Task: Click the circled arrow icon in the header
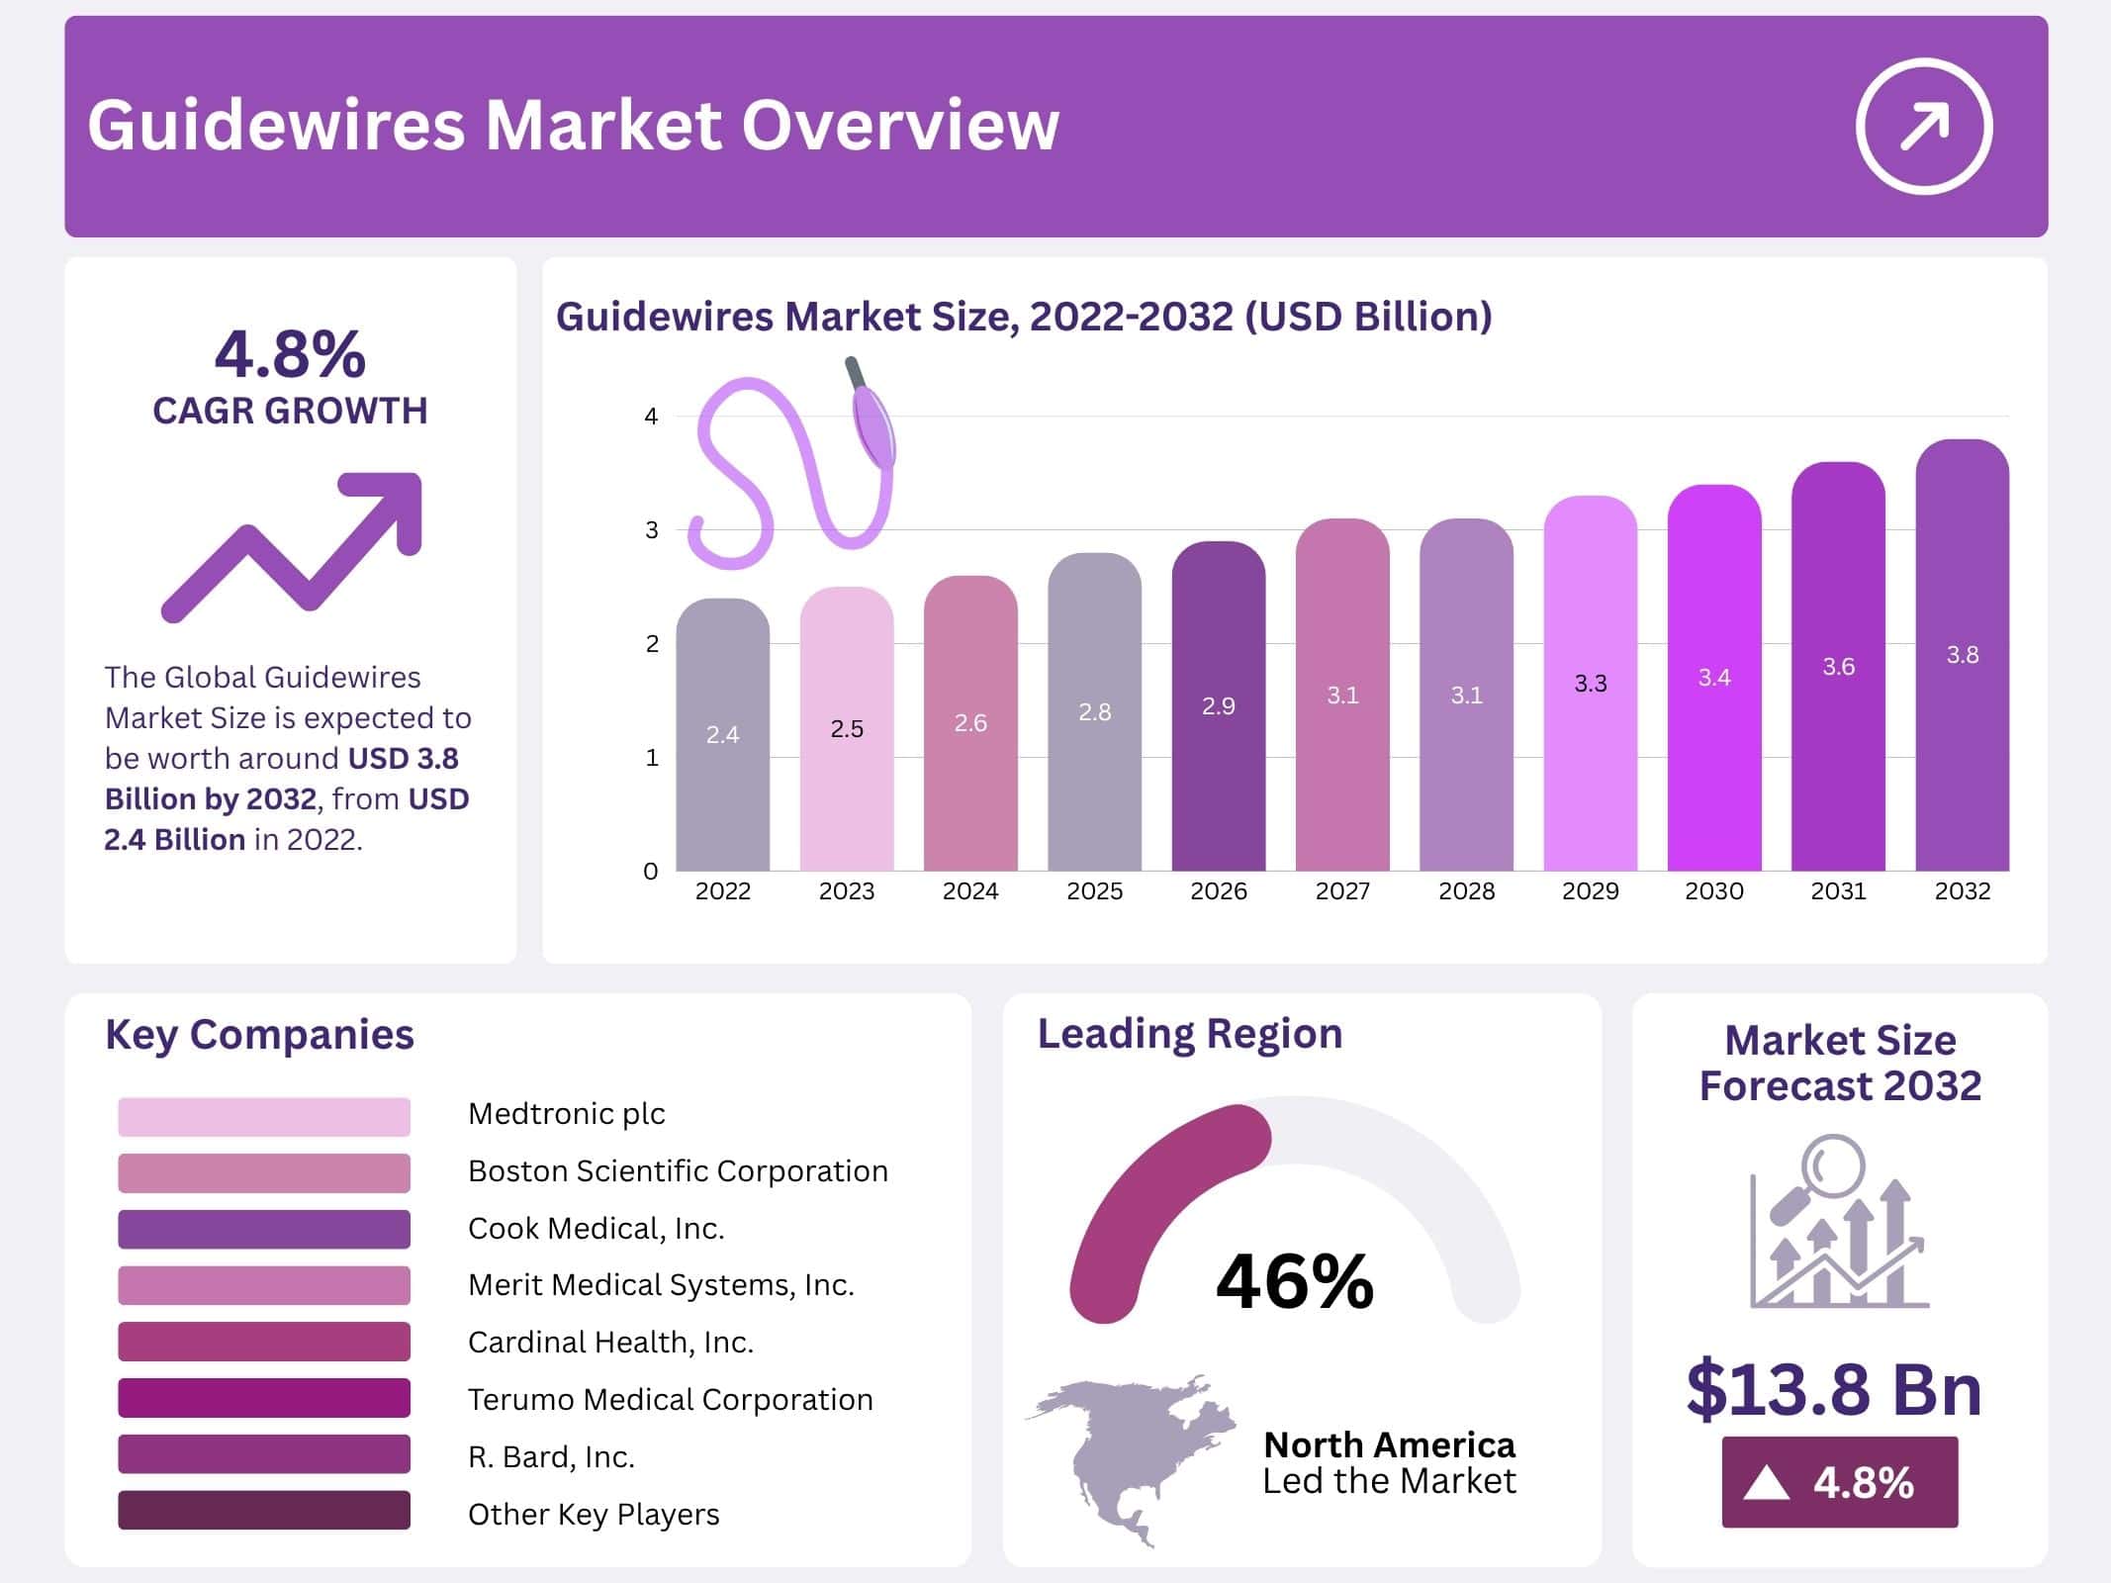point(1923,127)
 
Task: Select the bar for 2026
point(1218,707)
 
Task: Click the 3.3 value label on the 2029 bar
point(1590,684)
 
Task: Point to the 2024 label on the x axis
point(969,891)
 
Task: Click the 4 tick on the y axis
point(651,417)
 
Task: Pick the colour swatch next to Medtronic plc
point(263,1116)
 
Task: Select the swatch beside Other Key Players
point(263,1510)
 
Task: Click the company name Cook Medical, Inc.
point(596,1228)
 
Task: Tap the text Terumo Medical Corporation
point(670,1399)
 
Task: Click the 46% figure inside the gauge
point(1294,1281)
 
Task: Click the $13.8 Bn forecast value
point(1834,1389)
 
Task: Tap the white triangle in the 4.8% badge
point(1766,1483)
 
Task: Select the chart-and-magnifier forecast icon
point(1838,1223)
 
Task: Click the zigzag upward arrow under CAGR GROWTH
point(293,546)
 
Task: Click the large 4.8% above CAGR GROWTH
point(290,354)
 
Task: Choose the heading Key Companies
point(259,1035)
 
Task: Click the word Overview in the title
point(900,126)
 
